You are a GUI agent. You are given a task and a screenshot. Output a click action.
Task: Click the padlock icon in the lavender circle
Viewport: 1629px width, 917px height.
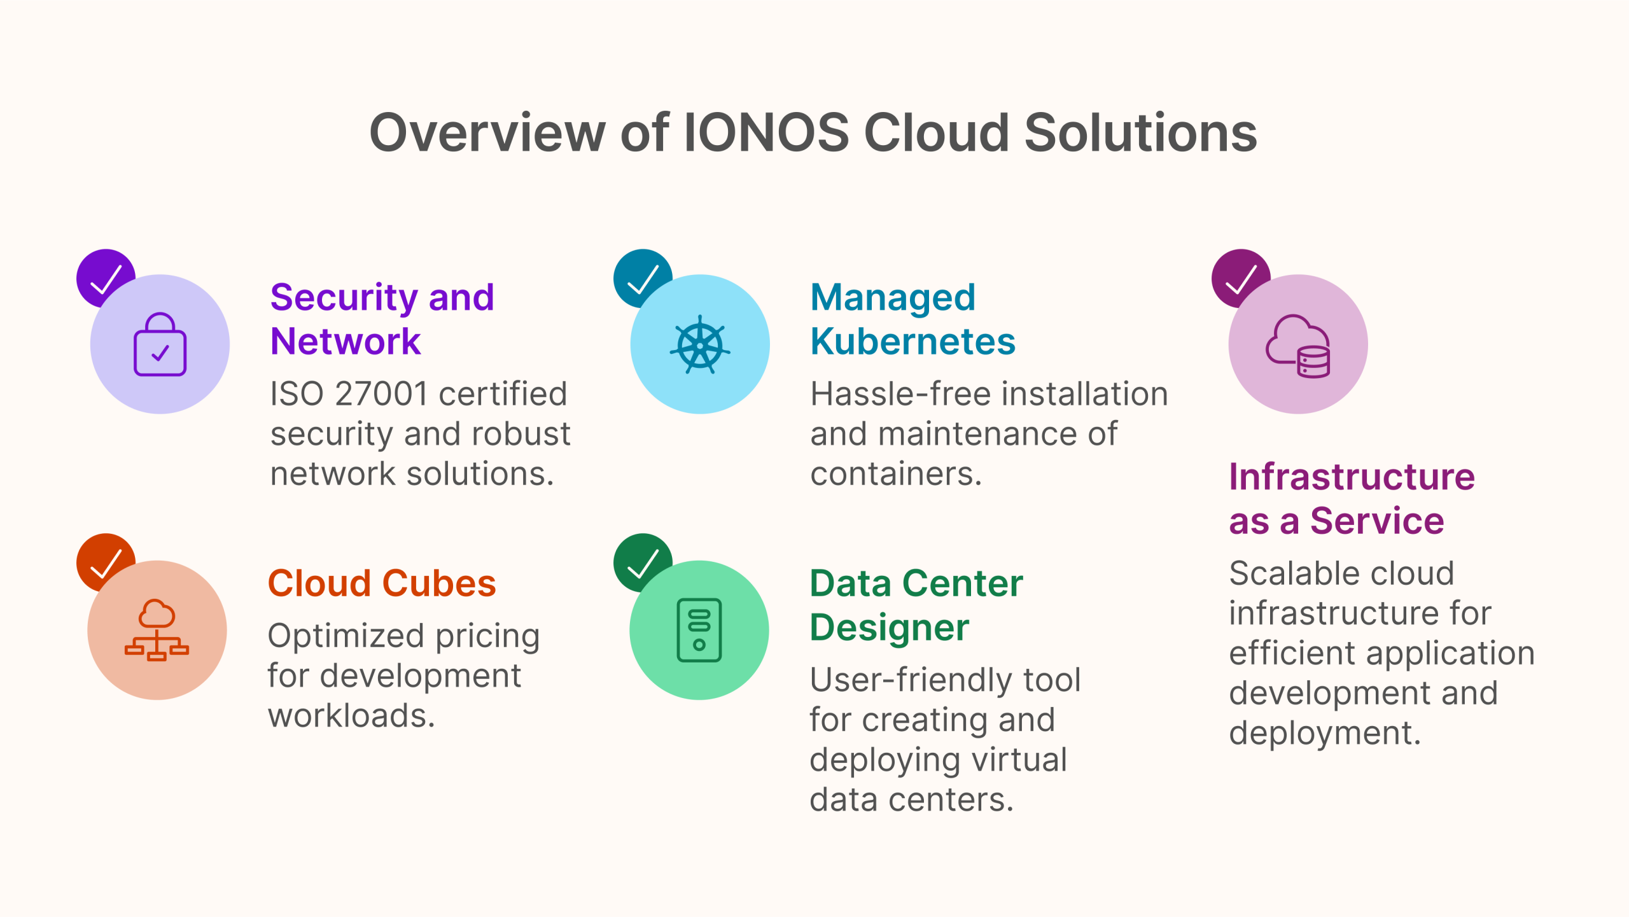pyautogui.click(x=160, y=344)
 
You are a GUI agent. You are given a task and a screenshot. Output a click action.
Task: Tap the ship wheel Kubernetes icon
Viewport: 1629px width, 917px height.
pyautogui.click(x=700, y=344)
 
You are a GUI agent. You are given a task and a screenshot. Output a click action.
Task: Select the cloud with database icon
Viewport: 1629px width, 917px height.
pyautogui.click(x=1298, y=346)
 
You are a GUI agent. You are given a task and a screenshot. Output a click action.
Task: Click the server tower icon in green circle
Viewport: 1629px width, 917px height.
pyautogui.click(x=699, y=630)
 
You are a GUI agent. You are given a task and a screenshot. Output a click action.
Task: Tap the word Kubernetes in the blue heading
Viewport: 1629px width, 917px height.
pyautogui.click(x=912, y=342)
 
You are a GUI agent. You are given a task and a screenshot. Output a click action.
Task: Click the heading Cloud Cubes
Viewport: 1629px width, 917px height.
pyautogui.click(x=382, y=584)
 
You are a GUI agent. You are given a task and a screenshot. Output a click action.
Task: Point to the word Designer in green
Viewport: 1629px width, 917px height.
pyautogui.click(x=889, y=628)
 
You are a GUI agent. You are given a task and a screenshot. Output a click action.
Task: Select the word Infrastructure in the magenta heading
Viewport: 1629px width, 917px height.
pyautogui.click(x=1352, y=477)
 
